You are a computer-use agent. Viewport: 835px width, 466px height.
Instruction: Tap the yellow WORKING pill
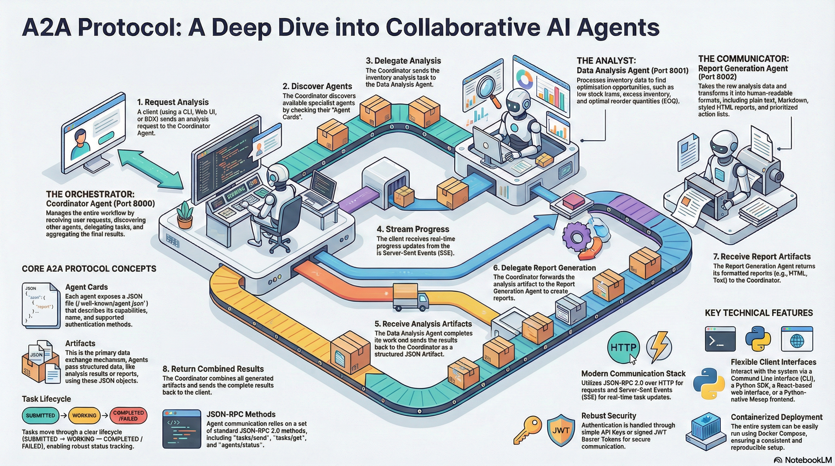pos(84,415)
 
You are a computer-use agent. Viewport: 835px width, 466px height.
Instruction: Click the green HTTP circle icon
pos(623,348)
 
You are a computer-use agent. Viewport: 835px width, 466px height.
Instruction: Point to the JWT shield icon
pos(561,431)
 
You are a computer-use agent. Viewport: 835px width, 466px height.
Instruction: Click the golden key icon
pos(527,429)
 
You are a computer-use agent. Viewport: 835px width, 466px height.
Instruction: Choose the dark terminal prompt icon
pos(720,339)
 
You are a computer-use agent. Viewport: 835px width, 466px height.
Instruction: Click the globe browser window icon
pos(797,339)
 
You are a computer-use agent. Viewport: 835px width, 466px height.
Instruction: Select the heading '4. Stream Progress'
pos(413,229)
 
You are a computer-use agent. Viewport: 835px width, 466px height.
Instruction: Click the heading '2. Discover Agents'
pos(317,86)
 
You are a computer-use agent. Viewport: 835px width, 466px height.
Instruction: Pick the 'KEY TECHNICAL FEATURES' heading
pos(759,313)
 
